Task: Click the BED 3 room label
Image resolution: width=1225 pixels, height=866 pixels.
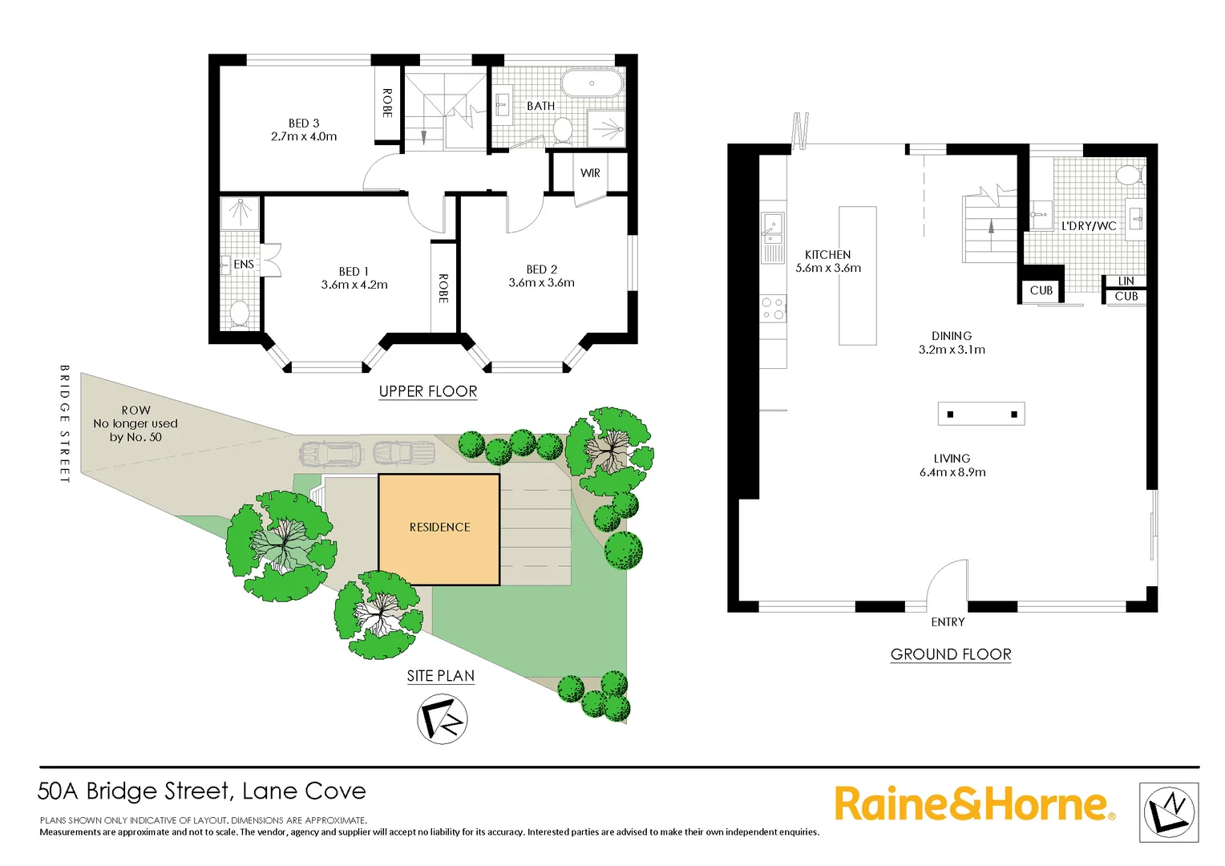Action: [x=304, y=123]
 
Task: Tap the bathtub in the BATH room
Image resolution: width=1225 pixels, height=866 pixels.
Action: [x=592, y=83]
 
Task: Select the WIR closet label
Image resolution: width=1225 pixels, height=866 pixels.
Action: [x=590, y=173]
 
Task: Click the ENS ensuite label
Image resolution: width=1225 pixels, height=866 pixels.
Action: [x=244, y=265]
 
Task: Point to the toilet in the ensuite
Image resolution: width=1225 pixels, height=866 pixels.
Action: [x=240, y=313]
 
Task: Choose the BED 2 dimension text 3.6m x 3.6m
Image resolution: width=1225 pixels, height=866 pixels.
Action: [x=541, y=283]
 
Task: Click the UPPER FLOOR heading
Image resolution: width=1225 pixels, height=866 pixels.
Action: [x=428, y=391]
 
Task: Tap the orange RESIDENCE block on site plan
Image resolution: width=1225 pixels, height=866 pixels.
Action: [x=439, y=528]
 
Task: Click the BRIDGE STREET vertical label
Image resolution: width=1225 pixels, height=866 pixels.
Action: [x=65, y=424]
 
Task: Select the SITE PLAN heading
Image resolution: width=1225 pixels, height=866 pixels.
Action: [x=440, y=676]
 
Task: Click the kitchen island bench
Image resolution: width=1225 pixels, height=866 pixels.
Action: [x=857, y=276]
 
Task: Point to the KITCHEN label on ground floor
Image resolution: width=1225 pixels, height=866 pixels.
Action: [x=827, y=255]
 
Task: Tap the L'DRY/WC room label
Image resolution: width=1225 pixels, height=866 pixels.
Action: [x=1088, y=226]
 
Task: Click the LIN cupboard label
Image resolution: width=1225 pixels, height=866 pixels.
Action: [x=1126, y=281]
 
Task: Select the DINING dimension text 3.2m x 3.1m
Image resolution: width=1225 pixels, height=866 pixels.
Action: [x=952, y=350]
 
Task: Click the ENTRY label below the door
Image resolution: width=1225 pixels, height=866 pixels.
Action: [x=948, y=622]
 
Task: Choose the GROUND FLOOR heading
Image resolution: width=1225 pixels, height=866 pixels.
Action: [x=951, y=654]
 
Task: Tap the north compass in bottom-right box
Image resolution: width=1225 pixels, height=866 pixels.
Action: [x=1169, y=812]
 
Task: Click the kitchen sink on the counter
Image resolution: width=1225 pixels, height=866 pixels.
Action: [x=772, y=228]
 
